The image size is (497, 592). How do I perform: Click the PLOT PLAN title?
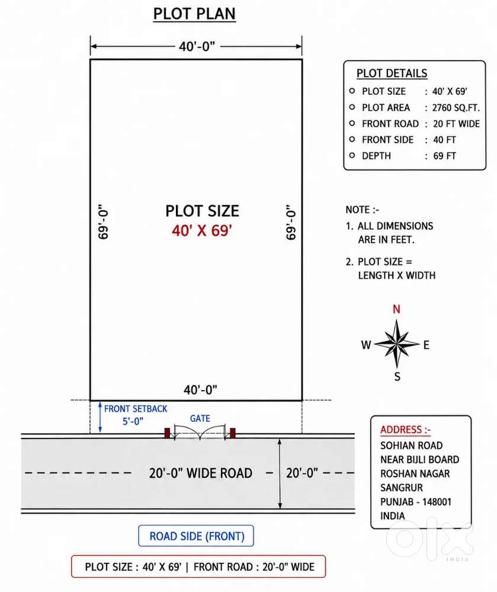pos(194,14)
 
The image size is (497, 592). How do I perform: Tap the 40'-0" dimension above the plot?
pos(197,46)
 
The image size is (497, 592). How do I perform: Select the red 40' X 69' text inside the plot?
pos(202,231)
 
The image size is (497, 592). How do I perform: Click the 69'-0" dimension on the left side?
pos(103,222)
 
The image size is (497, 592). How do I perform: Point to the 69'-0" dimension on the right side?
pos(291,222)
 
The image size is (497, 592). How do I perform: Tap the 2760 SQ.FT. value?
pos(456,108)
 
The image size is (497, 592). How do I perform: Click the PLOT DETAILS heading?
pos(392,73)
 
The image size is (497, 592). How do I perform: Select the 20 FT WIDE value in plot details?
pos(456,124)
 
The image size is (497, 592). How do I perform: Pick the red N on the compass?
pos(396,309)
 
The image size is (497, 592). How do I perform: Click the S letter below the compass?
pos(397,376)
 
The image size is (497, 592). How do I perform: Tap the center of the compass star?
pos(397,344)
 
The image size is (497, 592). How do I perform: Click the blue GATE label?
pos(200,418)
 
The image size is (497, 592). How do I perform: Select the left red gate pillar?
pos(167,433)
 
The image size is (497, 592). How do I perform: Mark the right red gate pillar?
pos(233,433)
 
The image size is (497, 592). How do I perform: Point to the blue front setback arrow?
pos(100,417)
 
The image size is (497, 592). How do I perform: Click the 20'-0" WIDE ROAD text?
pos(200,473)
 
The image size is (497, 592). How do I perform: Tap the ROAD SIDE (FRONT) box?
pos(196,536)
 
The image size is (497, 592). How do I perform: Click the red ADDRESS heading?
pos(405,430)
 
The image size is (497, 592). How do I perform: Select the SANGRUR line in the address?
pos(402,488)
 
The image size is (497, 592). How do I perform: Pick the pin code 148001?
pos(437,502)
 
